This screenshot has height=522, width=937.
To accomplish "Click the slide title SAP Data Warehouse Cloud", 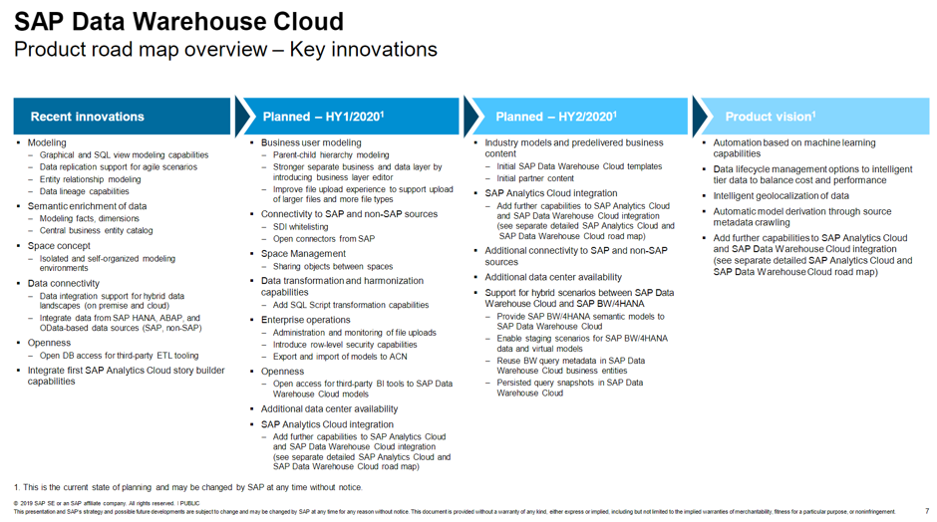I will pos(179,21).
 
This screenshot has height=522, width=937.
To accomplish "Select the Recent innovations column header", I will pos(87,117).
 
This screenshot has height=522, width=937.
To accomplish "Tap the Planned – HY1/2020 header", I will pos(323,117).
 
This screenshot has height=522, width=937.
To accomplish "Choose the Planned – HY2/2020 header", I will pos(555,117).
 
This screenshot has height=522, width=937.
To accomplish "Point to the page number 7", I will pos(926,511).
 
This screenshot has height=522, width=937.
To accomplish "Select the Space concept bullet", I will pos(59,246).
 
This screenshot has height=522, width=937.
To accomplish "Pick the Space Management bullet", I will pos(303,254).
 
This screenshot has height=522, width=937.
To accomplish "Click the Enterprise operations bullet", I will pos(305,320).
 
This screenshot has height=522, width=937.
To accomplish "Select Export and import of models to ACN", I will pos(340,357).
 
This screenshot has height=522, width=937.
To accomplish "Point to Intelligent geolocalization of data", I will pos(781,196).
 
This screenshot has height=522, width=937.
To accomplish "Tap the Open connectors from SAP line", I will pos(324,239).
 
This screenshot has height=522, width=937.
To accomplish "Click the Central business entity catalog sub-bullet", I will pos(97,231).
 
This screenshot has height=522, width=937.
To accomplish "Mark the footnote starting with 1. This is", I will pos(188,487).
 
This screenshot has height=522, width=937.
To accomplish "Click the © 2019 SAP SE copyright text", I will pos(100,504).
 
